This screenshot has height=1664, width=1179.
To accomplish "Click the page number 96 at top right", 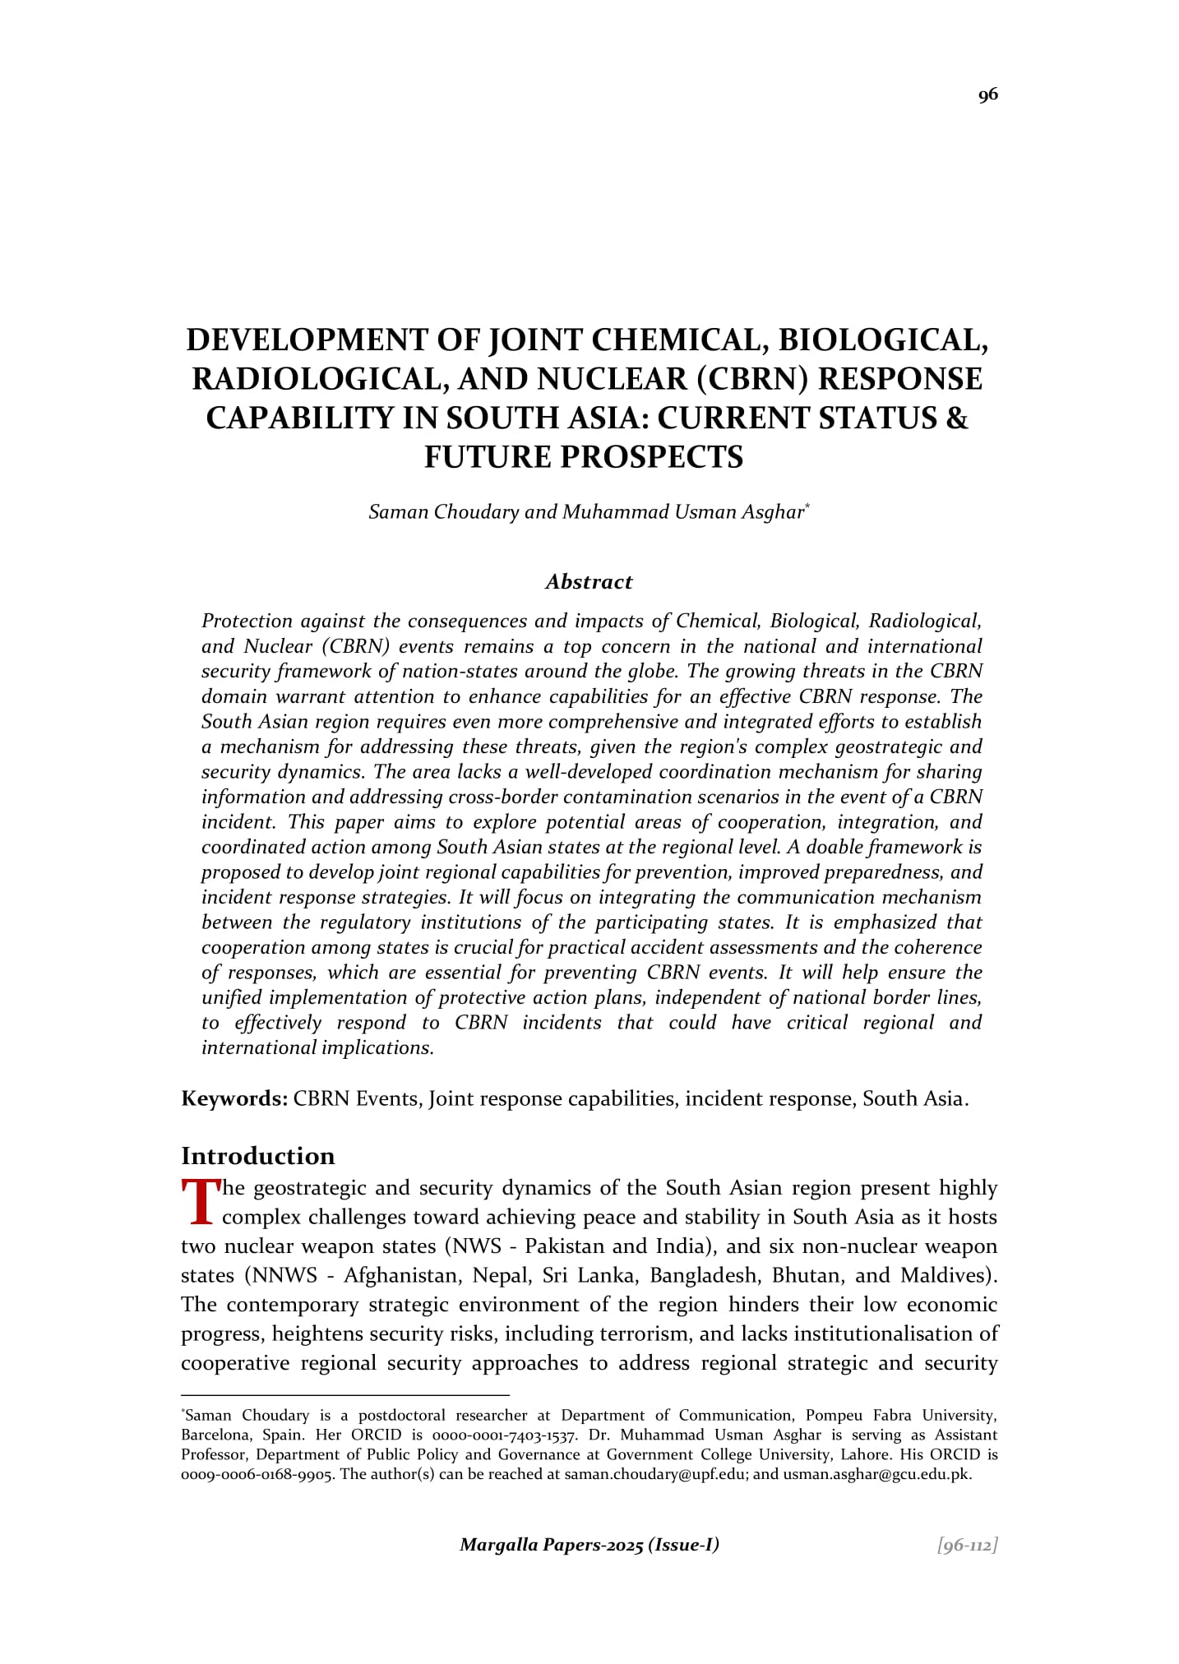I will pyautogui.click(x=987, y=95).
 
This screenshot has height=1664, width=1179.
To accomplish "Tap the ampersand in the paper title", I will pyautogui.click(x=957, y=418).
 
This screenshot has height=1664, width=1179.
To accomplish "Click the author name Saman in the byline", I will pyautogui.click(x=399, y=512).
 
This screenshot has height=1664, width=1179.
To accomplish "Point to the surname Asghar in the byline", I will pyautogui.click(x=773, y=512).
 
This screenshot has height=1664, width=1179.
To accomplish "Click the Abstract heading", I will pyautogui.click(x=589, y=582).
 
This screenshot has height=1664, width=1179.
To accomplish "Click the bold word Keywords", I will pyautogui.click(x=233, y=1099).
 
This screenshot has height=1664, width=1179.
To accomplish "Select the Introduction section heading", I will pyautogui.click(x=257, y=1156).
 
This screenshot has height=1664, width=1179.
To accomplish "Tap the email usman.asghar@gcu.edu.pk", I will pyautogui.click(x=876, y=1474).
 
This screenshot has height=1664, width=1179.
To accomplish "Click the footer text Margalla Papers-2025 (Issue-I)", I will pyautogui.click(x=589, y=1545).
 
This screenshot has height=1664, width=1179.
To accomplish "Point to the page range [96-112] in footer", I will pyautogui.click(x=968, y=1546).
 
